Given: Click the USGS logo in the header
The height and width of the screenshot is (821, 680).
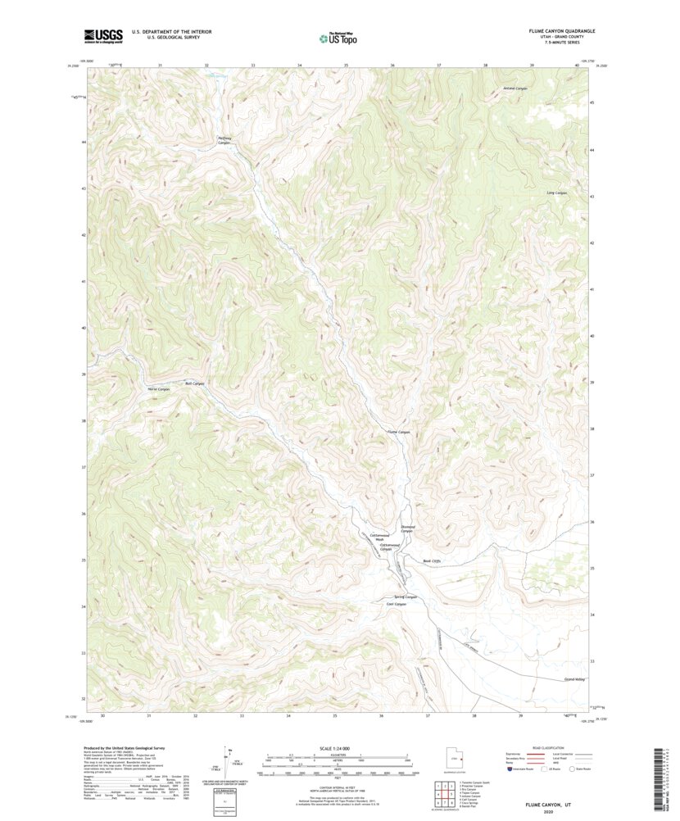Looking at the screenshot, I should (x=102, y=35).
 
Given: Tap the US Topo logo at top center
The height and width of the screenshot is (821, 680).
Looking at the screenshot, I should (x=338, y=37).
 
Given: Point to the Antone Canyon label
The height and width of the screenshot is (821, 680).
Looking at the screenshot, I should (x=503, y=88).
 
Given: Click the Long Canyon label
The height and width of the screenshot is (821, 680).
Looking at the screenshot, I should (x=556, y=193).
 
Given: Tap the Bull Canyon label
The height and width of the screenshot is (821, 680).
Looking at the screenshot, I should (x=194, y=383).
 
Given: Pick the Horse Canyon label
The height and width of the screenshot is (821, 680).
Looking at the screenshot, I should (x=158, y=389).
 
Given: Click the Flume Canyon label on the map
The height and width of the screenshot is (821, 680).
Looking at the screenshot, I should (x=398, y=432).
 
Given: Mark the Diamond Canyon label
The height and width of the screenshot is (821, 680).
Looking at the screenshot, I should (x=407, y=529).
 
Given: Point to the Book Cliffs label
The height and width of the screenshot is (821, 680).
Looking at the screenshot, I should (x=432, y=561).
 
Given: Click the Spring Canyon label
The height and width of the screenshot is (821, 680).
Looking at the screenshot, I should (x=406, y=596).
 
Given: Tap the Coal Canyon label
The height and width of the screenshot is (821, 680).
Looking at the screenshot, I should (x=397, y=605).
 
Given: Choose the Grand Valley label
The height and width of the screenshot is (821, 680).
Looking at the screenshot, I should (x=575, y=679).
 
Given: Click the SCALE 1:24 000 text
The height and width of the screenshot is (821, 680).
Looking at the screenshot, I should (x=337, y=749).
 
